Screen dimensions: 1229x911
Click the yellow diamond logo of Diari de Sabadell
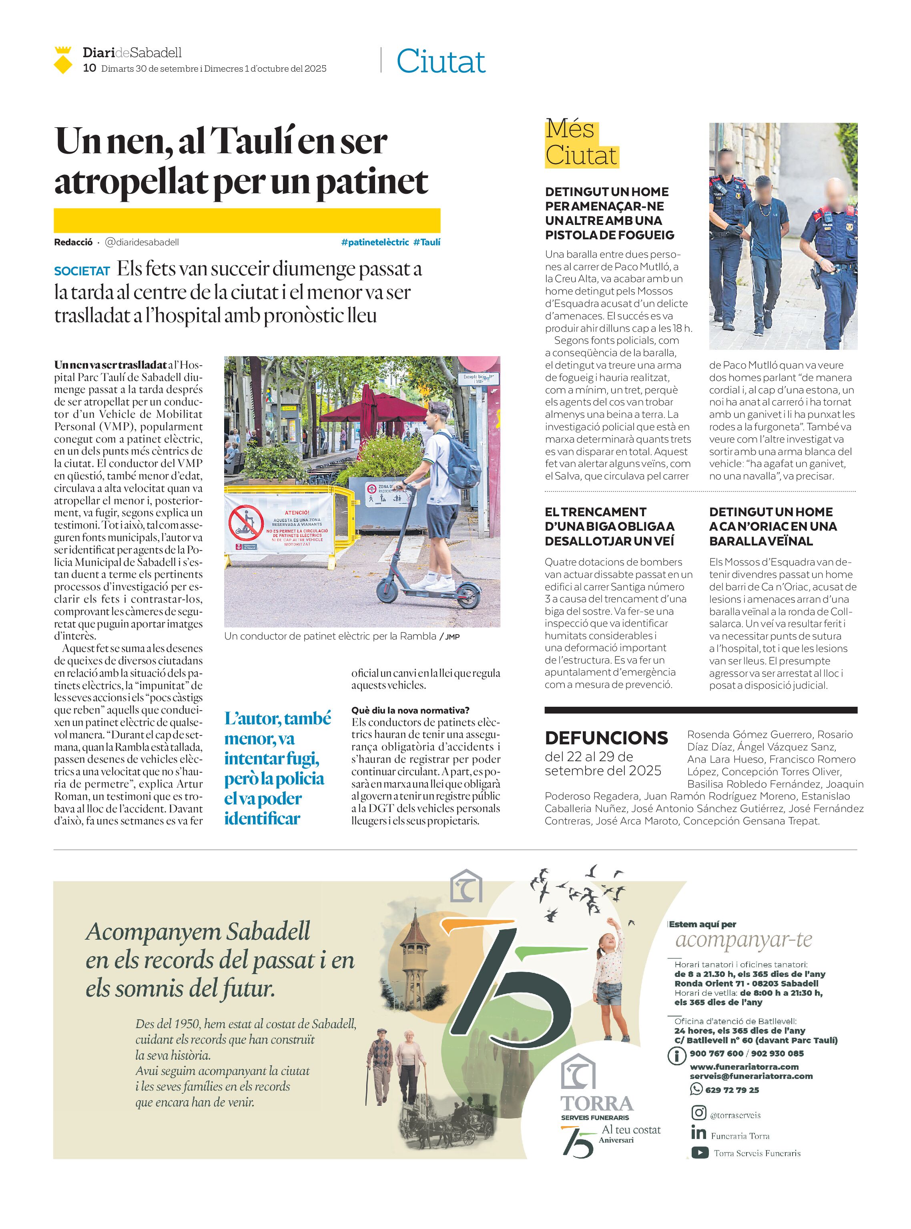(63, 60)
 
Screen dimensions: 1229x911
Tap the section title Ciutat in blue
(441, 61)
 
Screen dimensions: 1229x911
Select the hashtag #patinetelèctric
(375, 242)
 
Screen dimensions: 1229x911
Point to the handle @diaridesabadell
(142, 242)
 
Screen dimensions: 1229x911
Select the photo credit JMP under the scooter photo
(452, 637)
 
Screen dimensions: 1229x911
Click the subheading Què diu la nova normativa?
(410, 710)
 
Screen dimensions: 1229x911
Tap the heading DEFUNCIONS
(606, 738)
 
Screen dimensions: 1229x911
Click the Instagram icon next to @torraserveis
(699, 1113)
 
